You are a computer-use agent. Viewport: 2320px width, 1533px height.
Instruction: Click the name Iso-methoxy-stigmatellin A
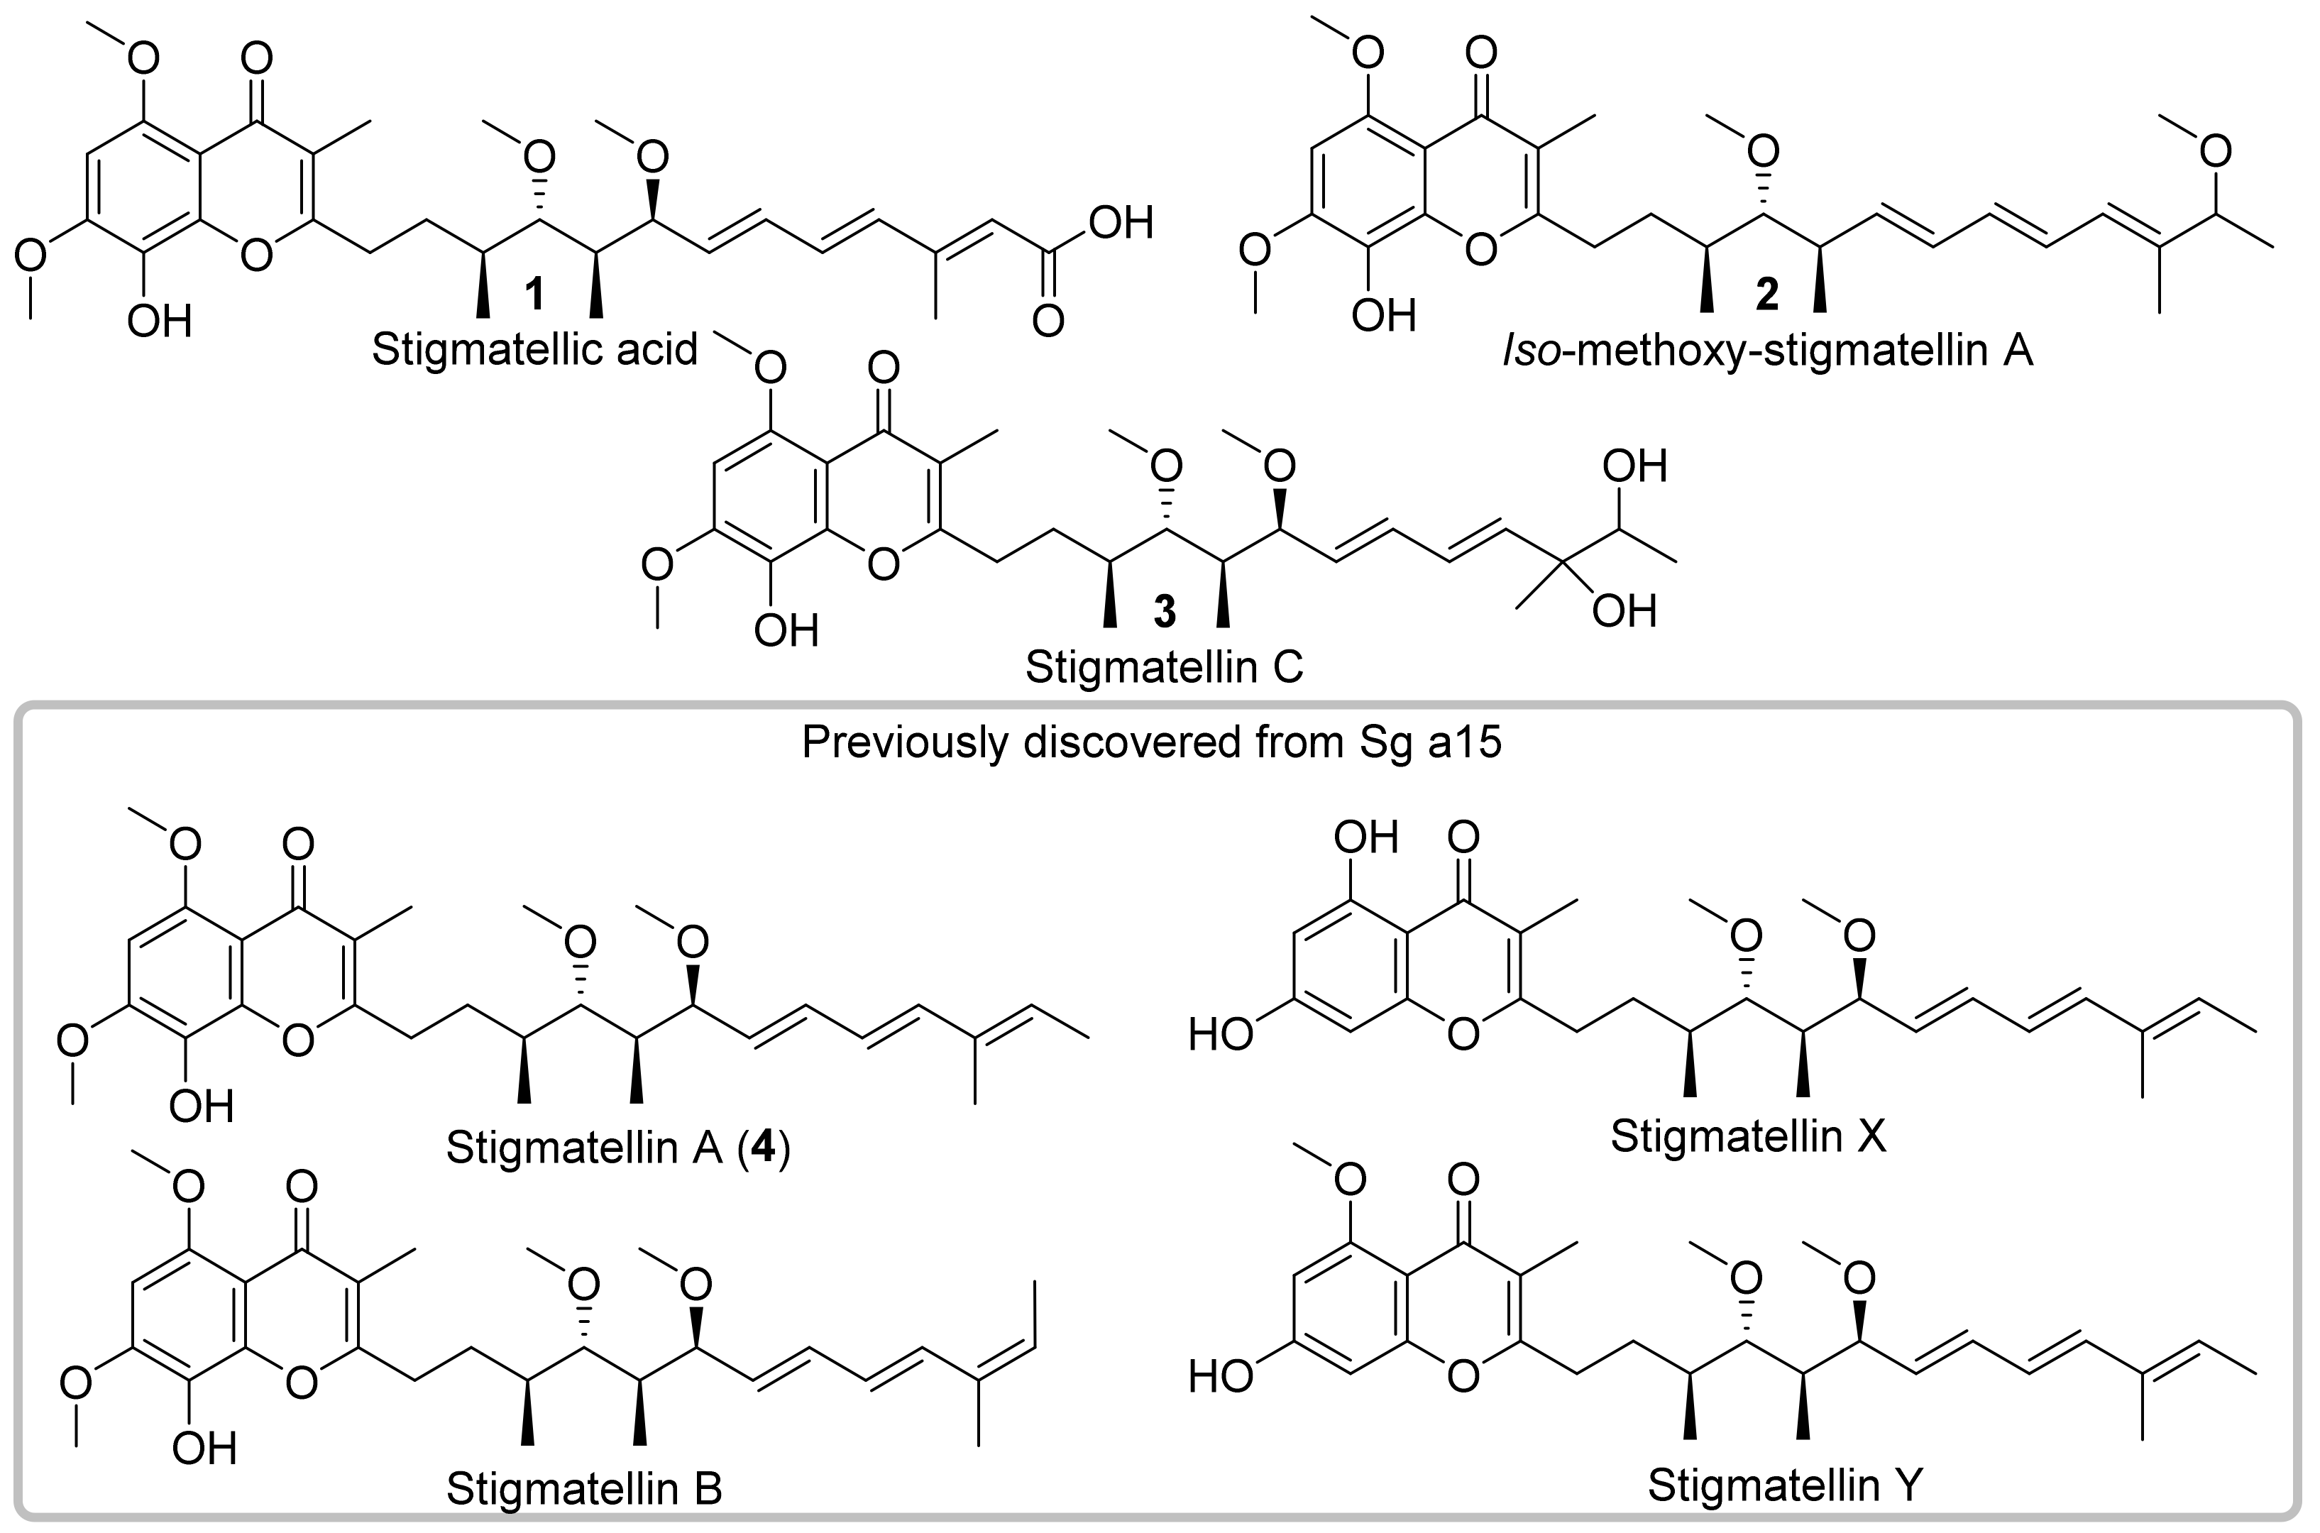[x=1768, y=350]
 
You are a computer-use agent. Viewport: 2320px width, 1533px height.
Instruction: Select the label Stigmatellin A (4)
[x=618, y=1148]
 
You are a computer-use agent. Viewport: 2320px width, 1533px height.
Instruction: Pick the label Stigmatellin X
[x=1748, y=1136]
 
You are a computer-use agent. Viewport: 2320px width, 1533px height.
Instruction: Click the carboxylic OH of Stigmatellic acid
[x=1121, y=223]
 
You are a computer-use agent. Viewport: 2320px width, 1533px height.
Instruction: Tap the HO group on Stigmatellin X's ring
[x=1220, y=1035]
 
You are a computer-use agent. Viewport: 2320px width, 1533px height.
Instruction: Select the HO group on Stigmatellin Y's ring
[x=1220, y=1377]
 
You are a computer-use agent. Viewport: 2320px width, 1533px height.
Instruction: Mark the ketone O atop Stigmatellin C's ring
[x=883, y=370]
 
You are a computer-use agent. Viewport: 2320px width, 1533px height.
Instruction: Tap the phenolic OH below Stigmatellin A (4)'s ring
[x=202, y=1106]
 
